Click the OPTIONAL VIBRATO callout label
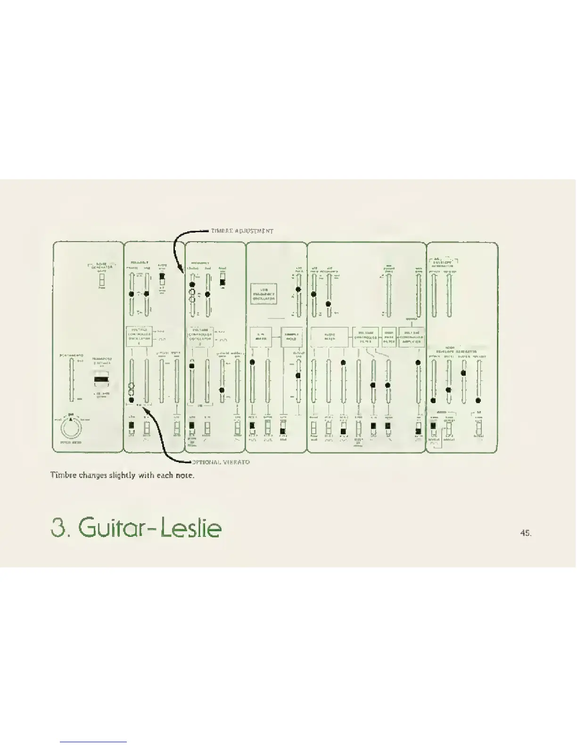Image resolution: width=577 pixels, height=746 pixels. pyautogui.click(x=220, y=462)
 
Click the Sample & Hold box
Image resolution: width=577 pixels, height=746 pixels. pyautogui.click(x=291, y=337)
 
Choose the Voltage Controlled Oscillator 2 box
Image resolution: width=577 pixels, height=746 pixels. pyautogui.click(x=200, y=337)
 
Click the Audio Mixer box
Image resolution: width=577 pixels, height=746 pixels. pyautogui.click(x=330, y=337)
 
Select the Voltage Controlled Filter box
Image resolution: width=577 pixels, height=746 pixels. pyautogui.click(x=366, y=337)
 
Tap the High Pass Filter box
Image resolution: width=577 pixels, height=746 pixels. pyautogui.click(x=389, y=337)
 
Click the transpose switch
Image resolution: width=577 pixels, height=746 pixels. pyautogui.click(x=101, y=379)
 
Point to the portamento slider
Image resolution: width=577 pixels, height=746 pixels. pyautogui.click(x=71, y=379)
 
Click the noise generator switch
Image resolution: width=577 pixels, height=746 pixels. pyautogui.click(x=101, y=280)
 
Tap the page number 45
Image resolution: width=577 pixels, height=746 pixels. pyautogui.click(x=526, y=533)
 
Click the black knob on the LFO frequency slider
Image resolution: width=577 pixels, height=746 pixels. pyautogui.click(x=298, y=290)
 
